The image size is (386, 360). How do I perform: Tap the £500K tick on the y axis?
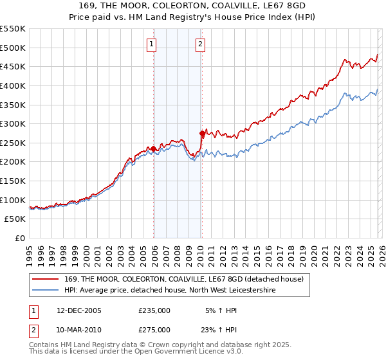coord(13,48)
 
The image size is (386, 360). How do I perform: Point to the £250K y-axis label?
coord(13,143)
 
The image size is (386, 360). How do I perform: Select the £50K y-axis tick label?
coord(15,219)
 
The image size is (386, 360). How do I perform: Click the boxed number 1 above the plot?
coord(151,44)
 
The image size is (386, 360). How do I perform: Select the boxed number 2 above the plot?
coord(200,44)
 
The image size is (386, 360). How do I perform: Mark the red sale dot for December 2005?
coord(154,148)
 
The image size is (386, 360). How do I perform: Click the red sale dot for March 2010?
coord(202,134)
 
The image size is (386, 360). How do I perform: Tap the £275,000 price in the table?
coord(154,329)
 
